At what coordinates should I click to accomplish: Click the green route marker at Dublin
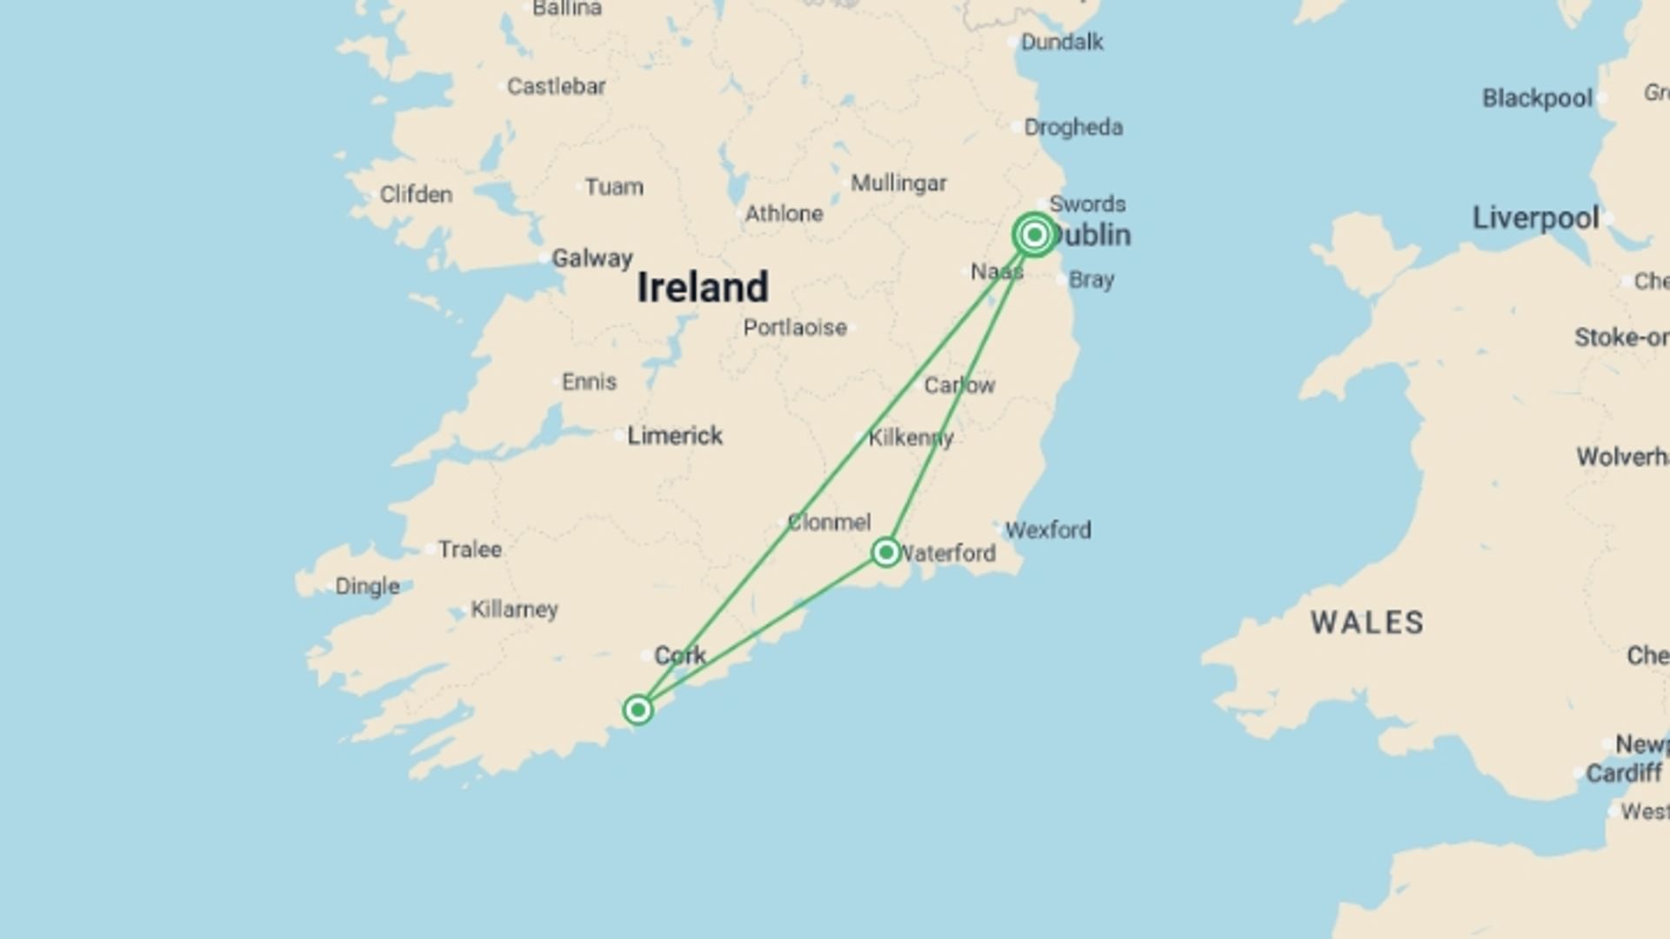(x=1034, y=235)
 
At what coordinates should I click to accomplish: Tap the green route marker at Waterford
(x=885, y=552)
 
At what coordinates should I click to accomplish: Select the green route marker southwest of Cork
(x=638, y=710)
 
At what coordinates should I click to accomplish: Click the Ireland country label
(x=703, y=288)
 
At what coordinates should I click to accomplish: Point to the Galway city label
(x=592, y=258)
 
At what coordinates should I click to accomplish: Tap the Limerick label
(x=675, y=436)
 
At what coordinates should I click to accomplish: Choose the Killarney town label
(x=514, y=609)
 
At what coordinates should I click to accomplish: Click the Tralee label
(x=470, y=549)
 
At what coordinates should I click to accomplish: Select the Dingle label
(x=367, y=587)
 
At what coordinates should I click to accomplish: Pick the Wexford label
(x=1047, y=529)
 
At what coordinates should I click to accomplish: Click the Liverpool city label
(x=1535, y=218)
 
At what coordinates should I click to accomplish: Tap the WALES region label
(x=1367, y=623)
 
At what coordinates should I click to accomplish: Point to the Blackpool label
(x=1537, y=98)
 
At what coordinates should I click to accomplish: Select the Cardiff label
(x=1623, y=773)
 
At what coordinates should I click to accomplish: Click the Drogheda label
(x=1072, y=128)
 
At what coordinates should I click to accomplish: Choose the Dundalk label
(x=1061, y=42)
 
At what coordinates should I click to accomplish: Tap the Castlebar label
(x=556, y=87)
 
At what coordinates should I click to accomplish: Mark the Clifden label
(x=416, y=195)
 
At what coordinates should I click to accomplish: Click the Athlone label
(x=784, y=214)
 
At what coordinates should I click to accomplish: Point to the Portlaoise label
(x=795, y=328)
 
